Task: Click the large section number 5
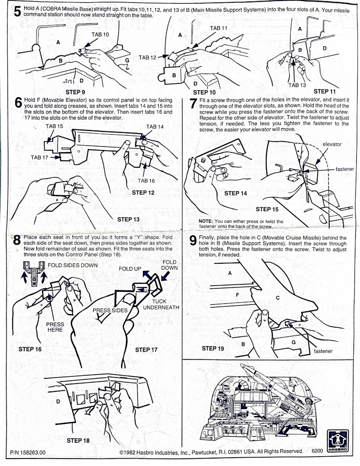(x=17, y=12)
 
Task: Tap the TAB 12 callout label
(x=147, y=57)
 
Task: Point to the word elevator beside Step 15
(x=332, y=144)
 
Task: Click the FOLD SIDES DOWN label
(x=73, y=265)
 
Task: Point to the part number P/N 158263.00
(x=28, y=452)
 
